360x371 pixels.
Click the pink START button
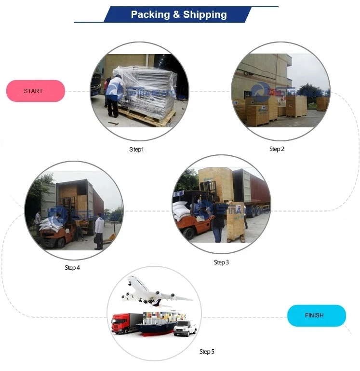[35, 91]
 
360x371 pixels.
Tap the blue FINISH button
[316, 316]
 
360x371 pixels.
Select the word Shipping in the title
[203, 14]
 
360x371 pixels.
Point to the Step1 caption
[136, 150]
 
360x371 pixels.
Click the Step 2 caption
[277, 149]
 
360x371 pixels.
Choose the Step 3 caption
[221, 262]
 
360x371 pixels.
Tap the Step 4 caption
[72, 268]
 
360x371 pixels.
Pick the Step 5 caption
[207, 352]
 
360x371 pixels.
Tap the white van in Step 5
[186, 329]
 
